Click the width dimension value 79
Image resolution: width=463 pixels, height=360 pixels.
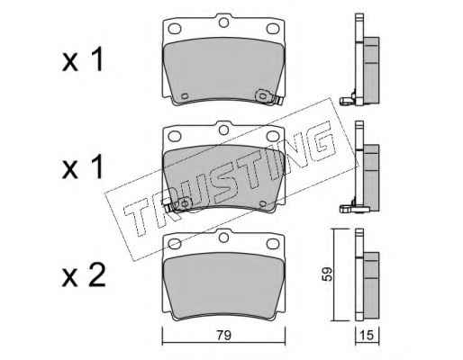224,335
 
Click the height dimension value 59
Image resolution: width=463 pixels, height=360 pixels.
327,274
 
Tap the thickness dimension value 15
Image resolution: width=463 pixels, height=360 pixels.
367,335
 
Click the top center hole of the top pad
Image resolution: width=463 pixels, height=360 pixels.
223,22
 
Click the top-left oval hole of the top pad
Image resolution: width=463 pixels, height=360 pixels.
175,29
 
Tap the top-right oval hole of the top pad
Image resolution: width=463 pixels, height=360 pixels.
273,29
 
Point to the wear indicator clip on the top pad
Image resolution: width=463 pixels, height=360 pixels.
268,97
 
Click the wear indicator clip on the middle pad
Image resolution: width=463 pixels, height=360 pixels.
178,204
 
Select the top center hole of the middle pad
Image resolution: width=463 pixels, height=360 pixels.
223,130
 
